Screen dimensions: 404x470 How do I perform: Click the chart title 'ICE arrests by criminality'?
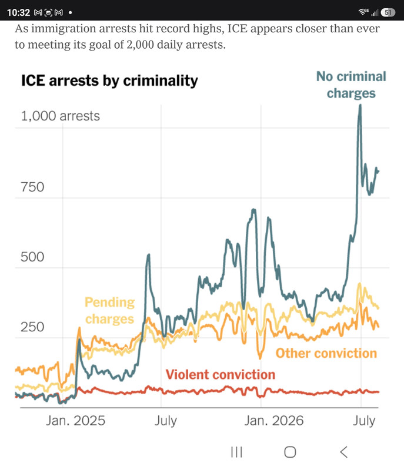109,80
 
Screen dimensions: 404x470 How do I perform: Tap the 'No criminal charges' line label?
351,85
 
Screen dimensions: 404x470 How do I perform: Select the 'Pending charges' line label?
109,311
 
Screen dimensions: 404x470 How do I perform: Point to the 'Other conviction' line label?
326,353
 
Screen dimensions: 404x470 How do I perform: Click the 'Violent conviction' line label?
221,374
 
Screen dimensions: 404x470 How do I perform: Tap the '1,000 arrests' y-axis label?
61,116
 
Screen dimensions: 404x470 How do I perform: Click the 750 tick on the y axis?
32,187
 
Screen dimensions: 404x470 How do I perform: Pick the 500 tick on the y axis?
32,257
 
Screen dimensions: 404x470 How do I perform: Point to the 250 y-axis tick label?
32,327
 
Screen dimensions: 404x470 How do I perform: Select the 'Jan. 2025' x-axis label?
76,421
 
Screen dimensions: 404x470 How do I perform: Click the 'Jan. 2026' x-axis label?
274,421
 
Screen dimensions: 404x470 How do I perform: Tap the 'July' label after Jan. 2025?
166,421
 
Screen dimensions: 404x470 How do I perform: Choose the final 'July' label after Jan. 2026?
364,421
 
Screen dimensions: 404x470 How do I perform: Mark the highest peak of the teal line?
360,105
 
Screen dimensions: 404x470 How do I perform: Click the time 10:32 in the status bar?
19,12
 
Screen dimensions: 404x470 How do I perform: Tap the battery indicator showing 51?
388,12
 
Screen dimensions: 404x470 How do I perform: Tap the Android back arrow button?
344,452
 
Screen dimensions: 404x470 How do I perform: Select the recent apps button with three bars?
236,452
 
